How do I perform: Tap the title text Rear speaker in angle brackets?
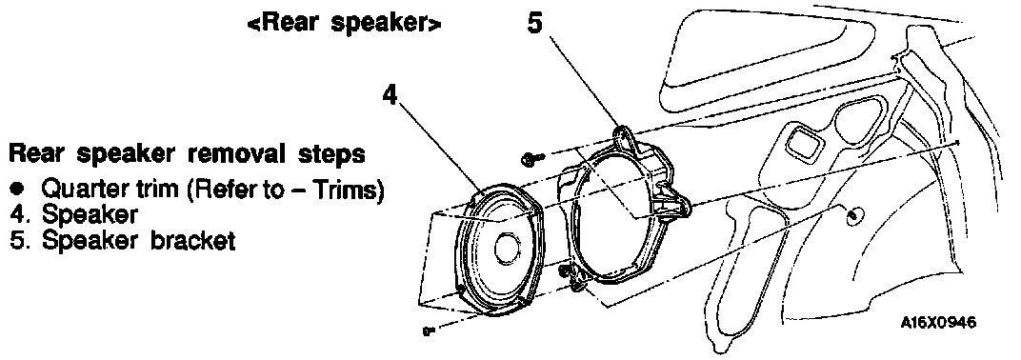345,24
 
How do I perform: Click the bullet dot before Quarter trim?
16,190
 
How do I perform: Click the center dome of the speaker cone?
506,248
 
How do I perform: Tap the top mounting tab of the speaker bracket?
624,137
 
